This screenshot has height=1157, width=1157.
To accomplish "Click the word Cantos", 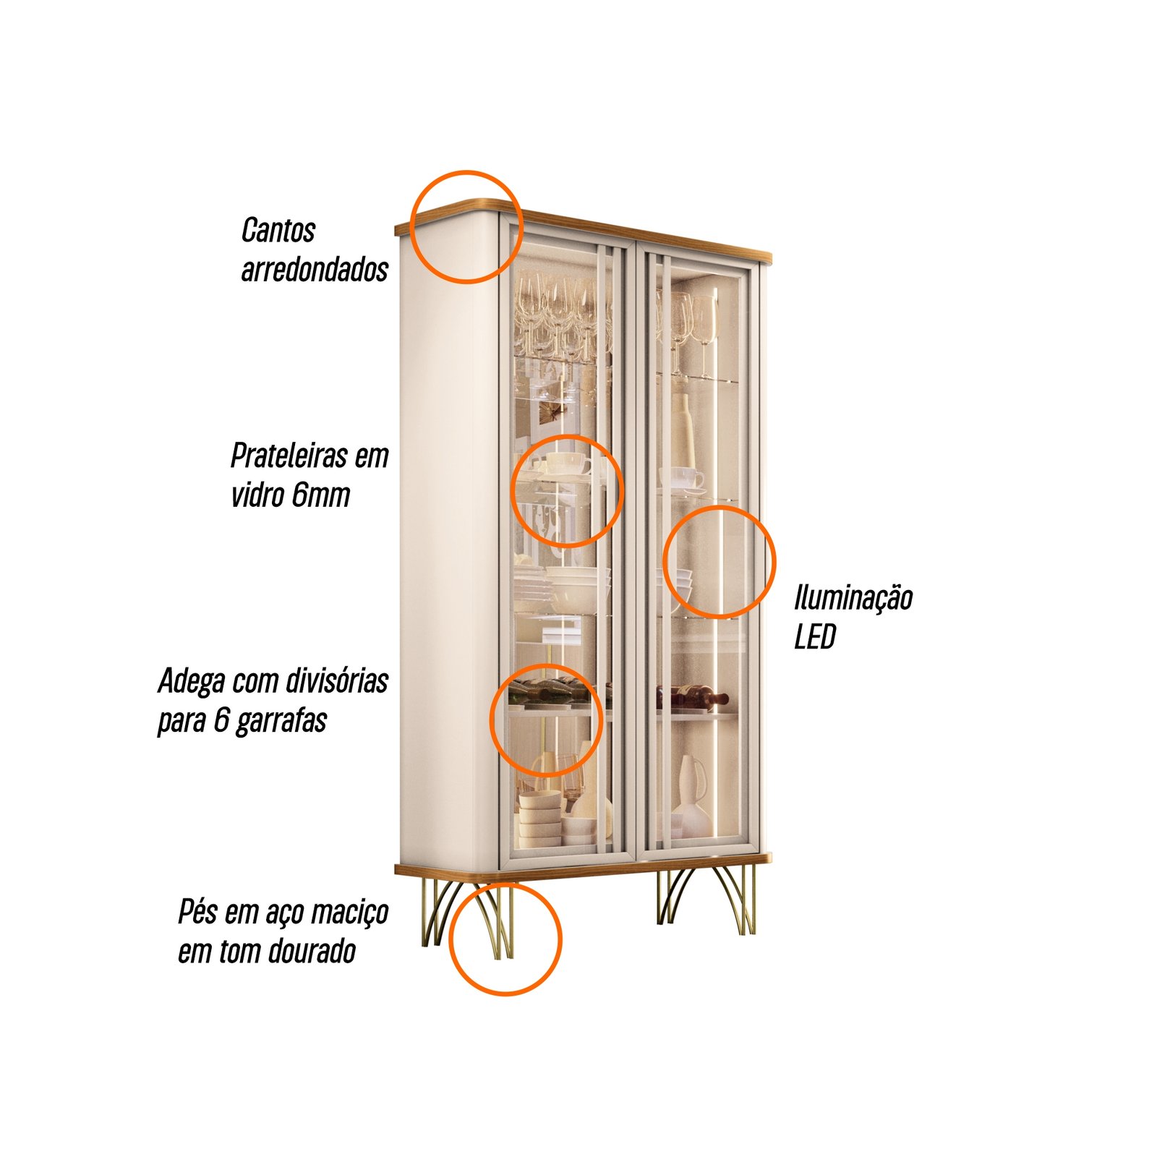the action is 278,231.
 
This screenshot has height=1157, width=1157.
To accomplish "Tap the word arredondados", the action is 315,269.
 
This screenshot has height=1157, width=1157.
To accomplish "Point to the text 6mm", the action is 321,495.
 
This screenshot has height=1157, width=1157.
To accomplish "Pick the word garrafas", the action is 281,720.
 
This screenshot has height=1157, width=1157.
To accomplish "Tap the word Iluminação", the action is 853,599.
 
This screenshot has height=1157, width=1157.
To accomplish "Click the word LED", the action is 815,637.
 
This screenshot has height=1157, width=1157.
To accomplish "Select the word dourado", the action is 312,951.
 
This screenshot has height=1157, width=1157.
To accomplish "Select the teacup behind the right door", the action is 682,478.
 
